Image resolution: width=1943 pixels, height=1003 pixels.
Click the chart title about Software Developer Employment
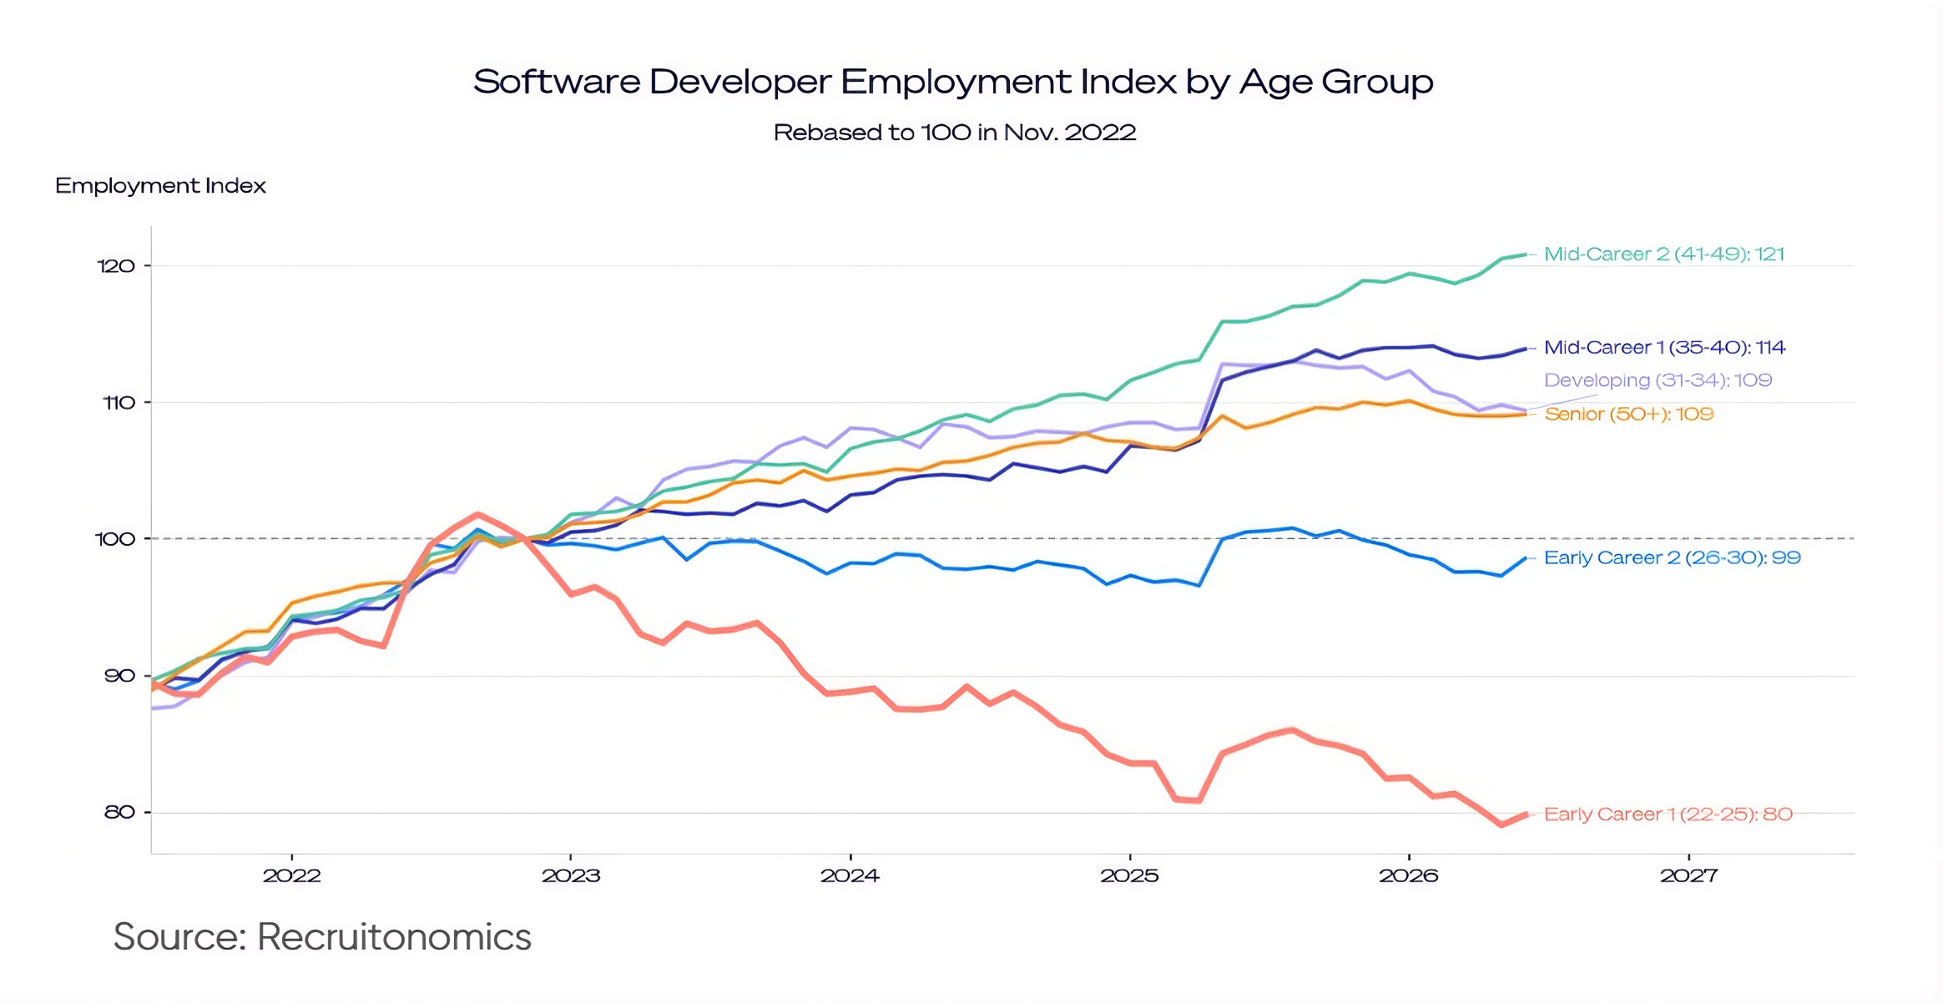pos(953,83)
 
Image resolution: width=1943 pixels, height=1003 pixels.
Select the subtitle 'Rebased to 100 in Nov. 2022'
pos(955,133)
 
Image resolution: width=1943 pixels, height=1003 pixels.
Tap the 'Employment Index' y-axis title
pos(160,186)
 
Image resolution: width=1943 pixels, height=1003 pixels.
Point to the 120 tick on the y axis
pos(116,266)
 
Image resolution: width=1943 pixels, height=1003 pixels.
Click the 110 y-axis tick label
pos(119,403)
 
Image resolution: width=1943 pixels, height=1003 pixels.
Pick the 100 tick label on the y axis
pos(115,539)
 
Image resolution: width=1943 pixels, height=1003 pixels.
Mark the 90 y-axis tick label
pos(119,676)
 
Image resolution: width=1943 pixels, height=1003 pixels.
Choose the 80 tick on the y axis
pos(119,812)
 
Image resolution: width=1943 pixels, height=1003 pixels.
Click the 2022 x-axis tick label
pos(292,875)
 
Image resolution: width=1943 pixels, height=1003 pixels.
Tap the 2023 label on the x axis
pos(571,875)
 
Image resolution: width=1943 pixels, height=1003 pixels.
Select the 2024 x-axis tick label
pos(850,875)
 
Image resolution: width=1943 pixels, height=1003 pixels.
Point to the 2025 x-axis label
pos(1130,875)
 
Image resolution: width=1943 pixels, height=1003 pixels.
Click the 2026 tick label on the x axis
pos(1409,875)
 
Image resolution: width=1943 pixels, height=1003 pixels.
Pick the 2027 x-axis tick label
pos(1688,875)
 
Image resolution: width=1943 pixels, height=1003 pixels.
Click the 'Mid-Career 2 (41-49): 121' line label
pos(1664,255)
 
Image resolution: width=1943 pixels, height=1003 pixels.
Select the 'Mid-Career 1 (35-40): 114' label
pos(1664,348)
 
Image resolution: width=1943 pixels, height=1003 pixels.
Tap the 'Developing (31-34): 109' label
pos(1658,381)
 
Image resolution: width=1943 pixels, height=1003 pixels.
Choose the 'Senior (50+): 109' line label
pos(1628,415)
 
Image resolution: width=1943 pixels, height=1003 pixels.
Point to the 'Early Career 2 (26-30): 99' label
pos(1673,558)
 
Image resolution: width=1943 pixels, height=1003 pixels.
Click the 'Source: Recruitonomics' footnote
pos(322,937)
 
